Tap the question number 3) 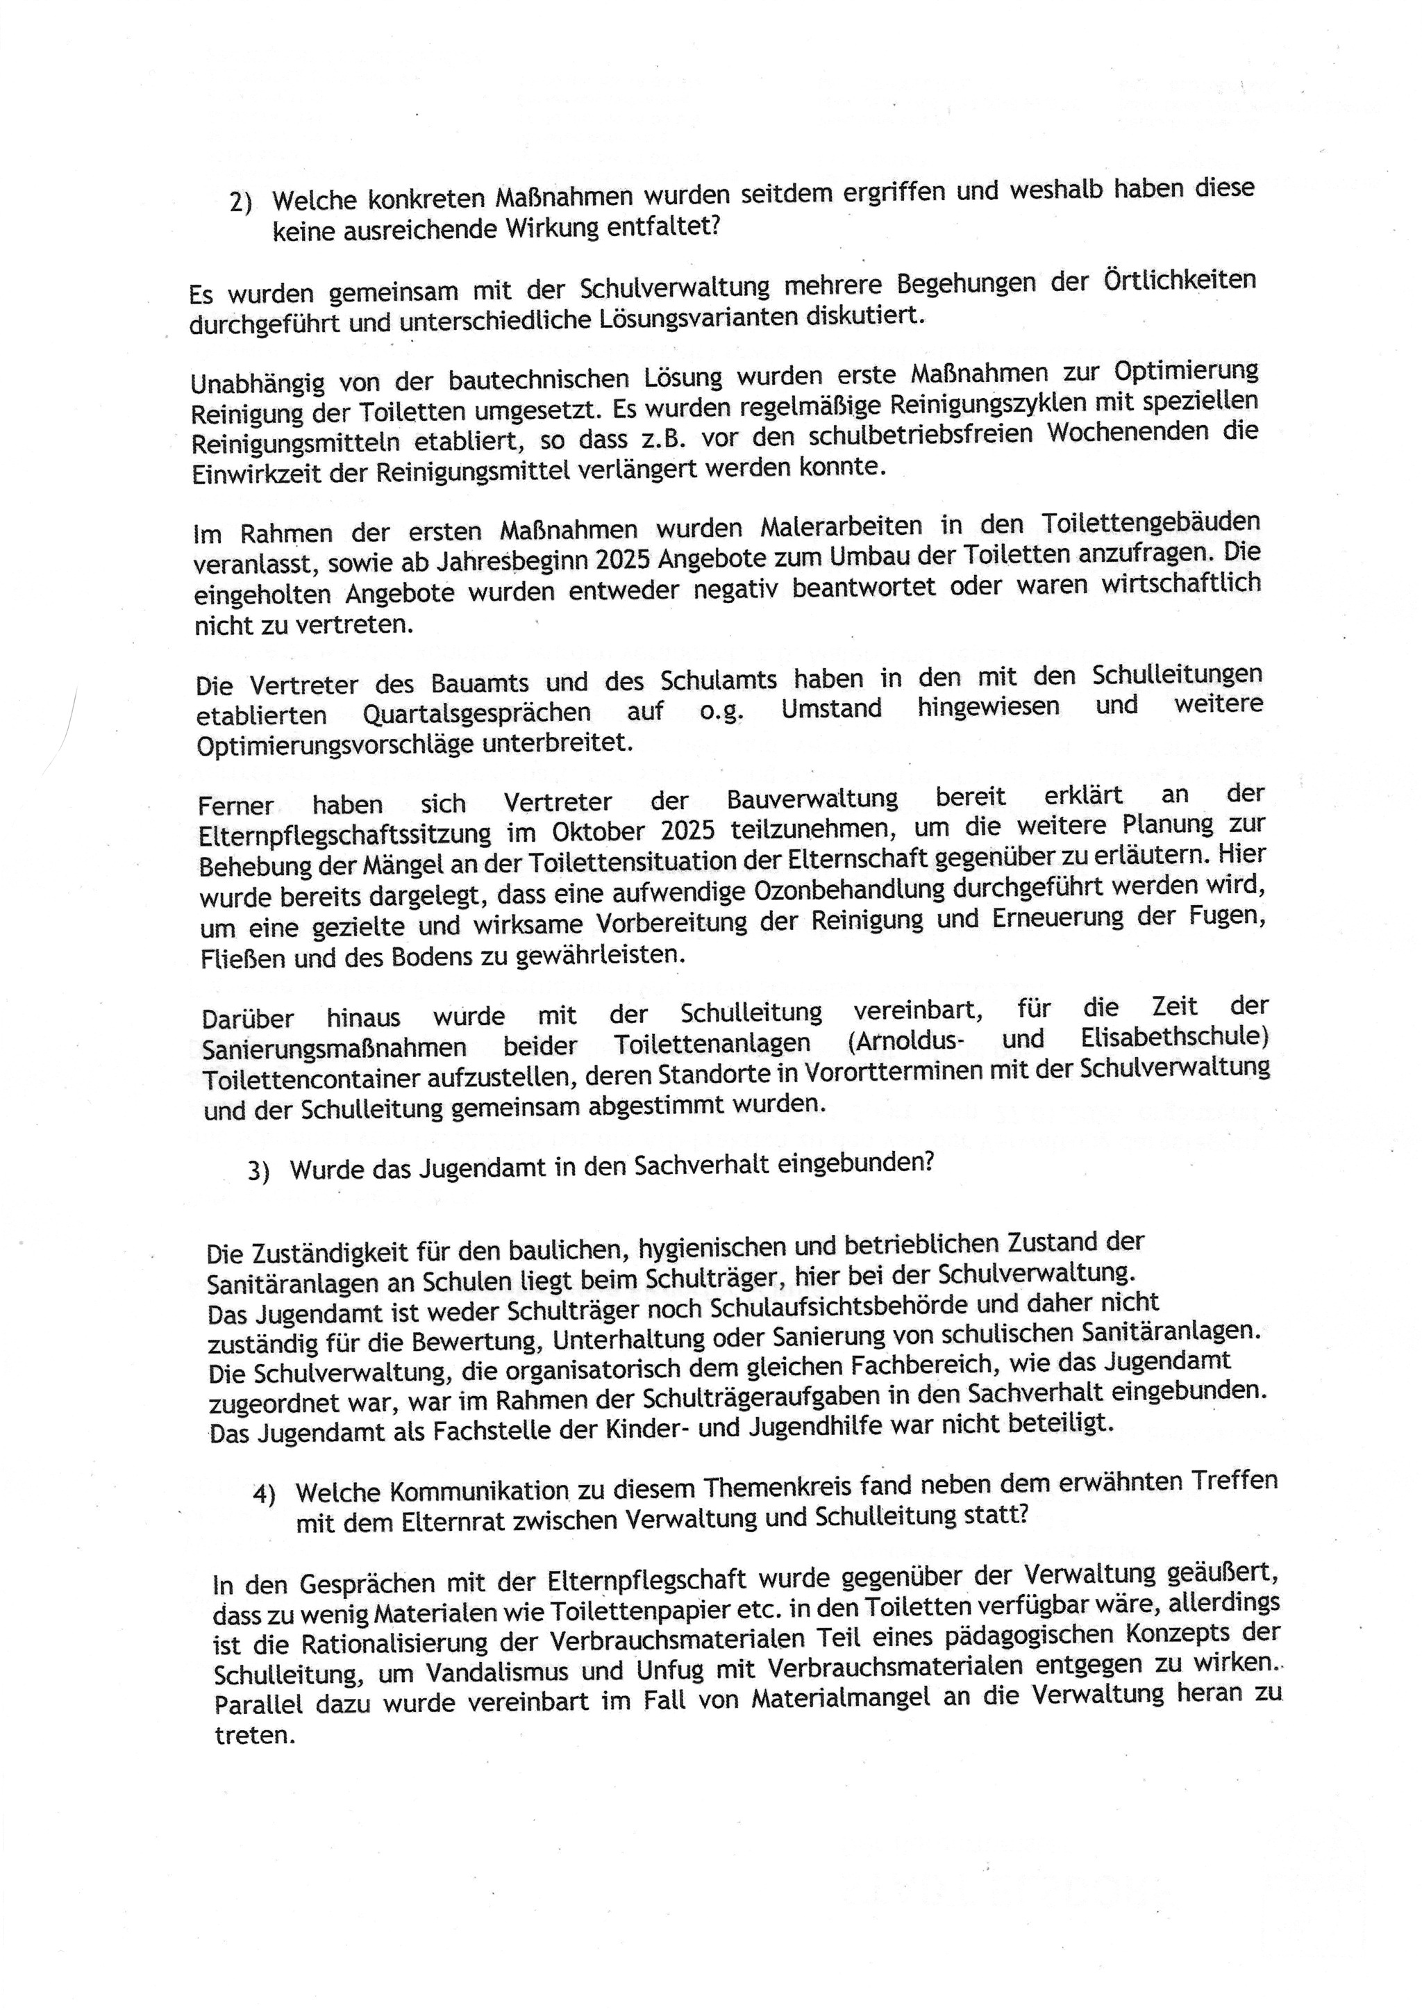(x=258, y=1172)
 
